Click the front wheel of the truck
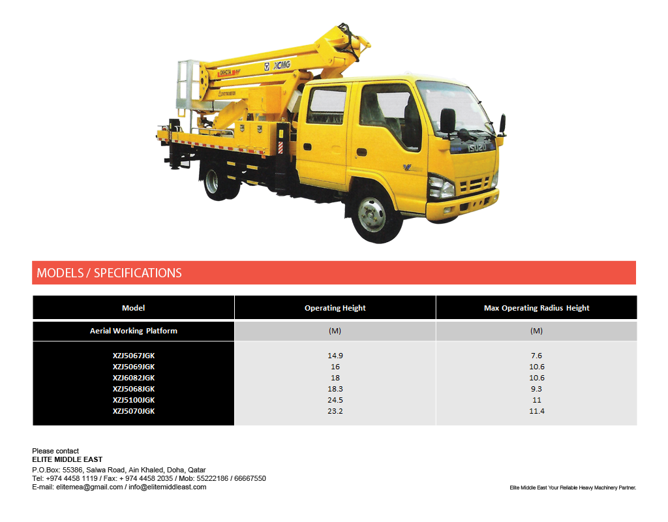tap(376, 217)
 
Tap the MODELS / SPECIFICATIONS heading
tap(109, 273)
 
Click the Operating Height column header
tap(335, 308)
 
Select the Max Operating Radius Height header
tap(536, 308)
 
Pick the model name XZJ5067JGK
tap(134, 356)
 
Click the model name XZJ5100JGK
tap(134, 400)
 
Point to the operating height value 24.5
tap(335, 400)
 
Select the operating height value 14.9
tap(335, 356)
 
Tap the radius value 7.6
tap(537, 356)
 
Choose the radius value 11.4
tap(537, 411)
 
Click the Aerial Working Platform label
tap(134, 331)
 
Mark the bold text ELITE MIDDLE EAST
tap(67, 460)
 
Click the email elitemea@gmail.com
tap(89, 487)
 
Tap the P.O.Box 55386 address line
tap(119, 470)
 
